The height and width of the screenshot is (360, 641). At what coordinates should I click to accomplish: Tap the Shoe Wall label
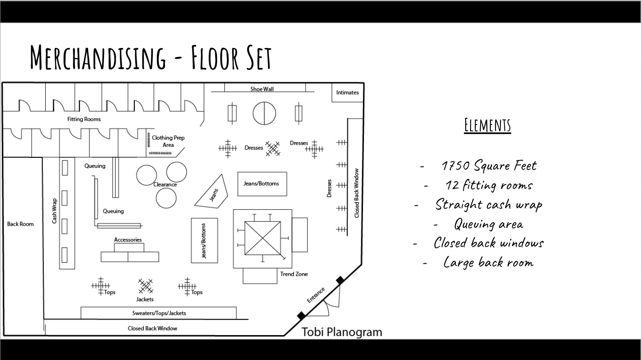coord(262,89)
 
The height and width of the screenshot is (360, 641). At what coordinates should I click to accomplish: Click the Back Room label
coord(20,224)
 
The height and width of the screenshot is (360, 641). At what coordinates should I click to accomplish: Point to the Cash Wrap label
coord(54,211)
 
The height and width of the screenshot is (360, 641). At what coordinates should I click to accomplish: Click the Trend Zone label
coord(294,274)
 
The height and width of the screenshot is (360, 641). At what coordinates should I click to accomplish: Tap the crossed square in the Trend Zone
coord(262,238)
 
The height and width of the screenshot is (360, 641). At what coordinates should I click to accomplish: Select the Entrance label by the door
coord(316,295)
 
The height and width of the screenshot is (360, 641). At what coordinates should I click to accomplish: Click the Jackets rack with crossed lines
coord(146,286)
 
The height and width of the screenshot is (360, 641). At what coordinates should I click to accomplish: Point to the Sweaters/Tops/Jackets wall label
coord(159,313)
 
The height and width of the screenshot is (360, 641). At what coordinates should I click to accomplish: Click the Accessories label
coord(128,240)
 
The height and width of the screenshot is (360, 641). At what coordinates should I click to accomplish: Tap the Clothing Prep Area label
coord(168,141)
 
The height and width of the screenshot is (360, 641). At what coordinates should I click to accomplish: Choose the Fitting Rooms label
coord(84,119)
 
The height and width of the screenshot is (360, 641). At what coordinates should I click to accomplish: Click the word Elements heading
coord(488,125)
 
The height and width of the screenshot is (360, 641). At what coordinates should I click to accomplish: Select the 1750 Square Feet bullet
coord(489,166)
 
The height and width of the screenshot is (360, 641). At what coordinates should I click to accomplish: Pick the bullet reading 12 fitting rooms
coord(489,185)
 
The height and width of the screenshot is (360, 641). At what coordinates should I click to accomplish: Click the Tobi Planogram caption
coord(342,332)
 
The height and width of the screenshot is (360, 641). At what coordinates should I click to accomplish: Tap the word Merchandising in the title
coord(98,57)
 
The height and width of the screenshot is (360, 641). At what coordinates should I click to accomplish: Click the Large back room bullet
coord(489,263)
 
